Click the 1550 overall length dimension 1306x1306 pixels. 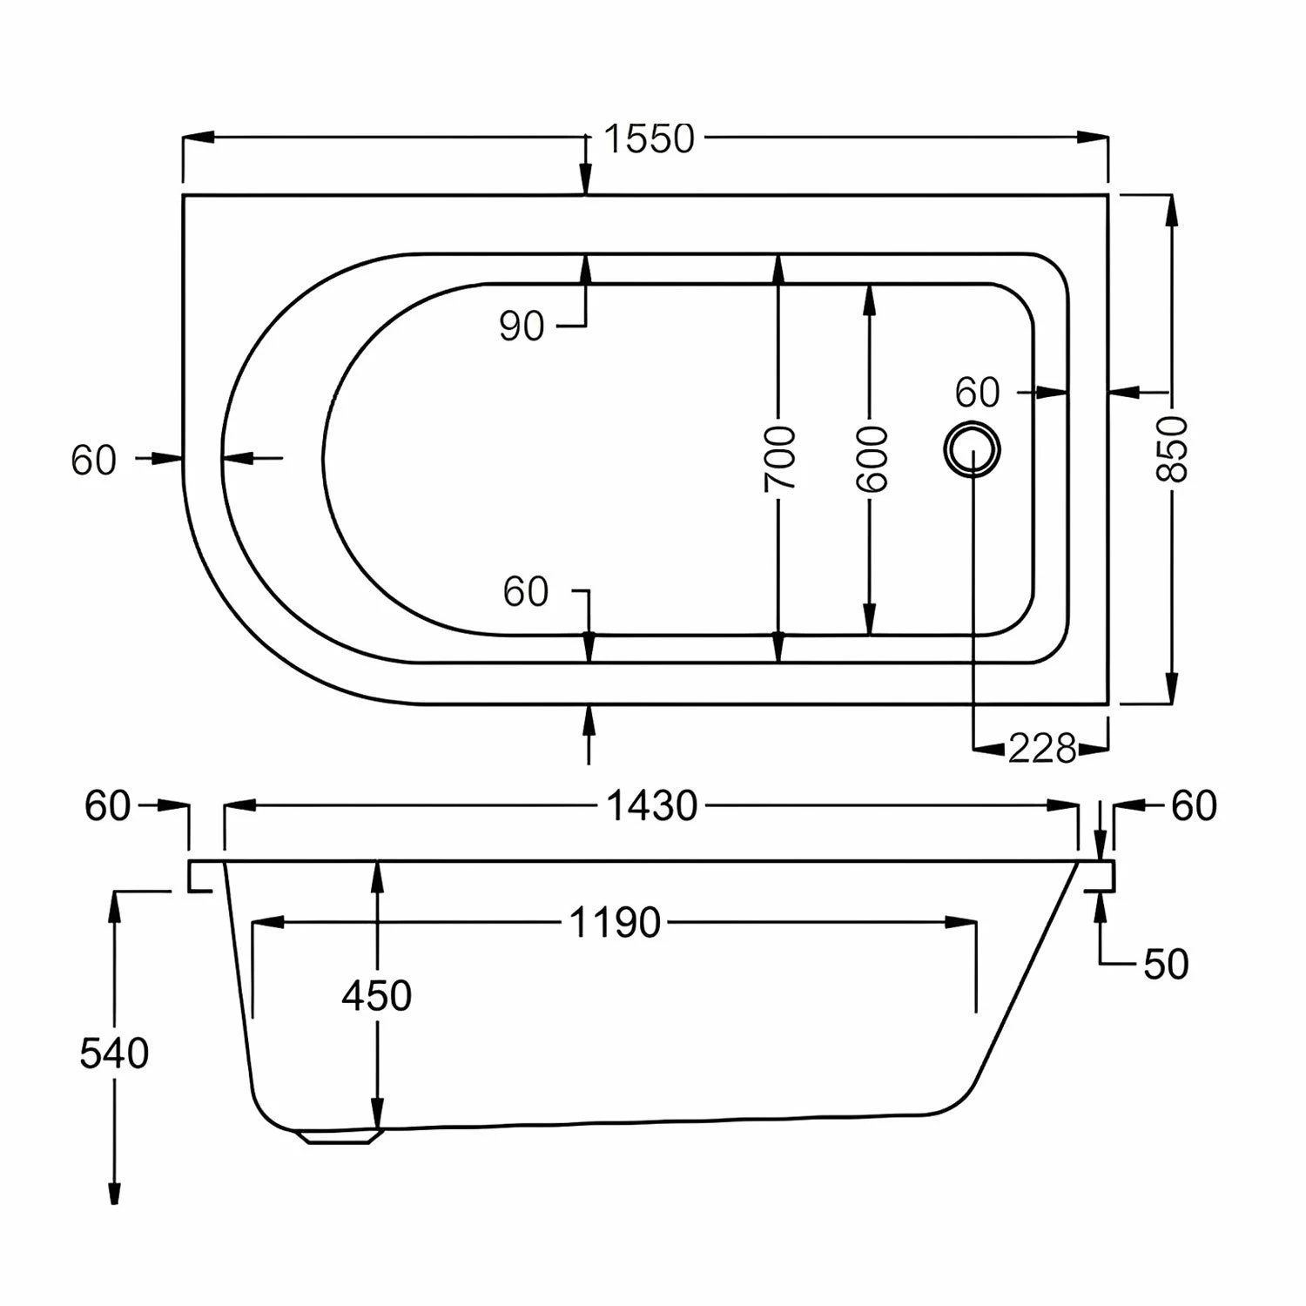[x=649, y=139]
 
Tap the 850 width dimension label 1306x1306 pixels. [x=1172, y=448]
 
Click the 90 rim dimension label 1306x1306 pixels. [x=521, y=326]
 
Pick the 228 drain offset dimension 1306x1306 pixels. [x=1042, y=748]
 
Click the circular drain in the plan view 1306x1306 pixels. [x=972, y=448]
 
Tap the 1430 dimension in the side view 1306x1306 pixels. [x=651, y=807]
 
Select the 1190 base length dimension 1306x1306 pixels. [x=615, y=923]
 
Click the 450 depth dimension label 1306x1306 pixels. [x=376, y=996]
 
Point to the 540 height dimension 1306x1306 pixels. [x=114, y=1054]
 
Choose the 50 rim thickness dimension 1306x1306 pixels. [x=1166, y=964]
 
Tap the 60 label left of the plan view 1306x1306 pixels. [x=93, y=461]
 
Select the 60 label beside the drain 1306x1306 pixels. [x=977, y=394]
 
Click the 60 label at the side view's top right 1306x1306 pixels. [x=1194, y=807]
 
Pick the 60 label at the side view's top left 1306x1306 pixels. [x=107, y=807]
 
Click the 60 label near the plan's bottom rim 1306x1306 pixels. [x=525, y=593]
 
